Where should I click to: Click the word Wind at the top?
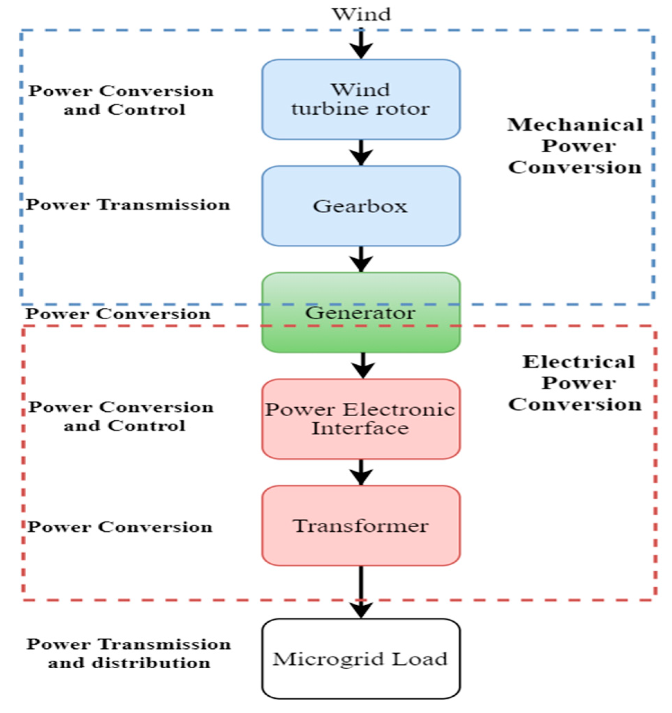[x=361, y=15]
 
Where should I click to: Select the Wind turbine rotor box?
[x=361, y=99]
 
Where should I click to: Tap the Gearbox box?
[x=361, y=206]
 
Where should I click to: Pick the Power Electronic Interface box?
[x=361, y=419]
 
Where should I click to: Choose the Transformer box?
[x=361, y=525]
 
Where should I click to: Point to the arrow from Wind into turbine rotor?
[x=361, y=45]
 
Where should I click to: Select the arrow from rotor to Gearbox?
[x=361, y=152]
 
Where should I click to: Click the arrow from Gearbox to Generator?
[x=361, y=259]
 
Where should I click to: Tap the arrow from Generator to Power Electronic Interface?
[x=363, y=365]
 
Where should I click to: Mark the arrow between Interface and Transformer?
[x=361, y=472]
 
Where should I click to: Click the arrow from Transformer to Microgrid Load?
[x=361, y=592]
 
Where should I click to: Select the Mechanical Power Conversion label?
[x=575, y=146]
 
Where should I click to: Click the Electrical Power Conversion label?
[x=575, y=383]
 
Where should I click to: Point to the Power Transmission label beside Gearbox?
[x=128, y=205]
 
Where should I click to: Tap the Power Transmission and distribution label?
[x=129, y=653]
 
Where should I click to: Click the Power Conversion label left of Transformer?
[x=120, y=527]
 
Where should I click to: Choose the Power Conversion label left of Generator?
[x=118, y=314]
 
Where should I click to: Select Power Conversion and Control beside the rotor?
[x=121, y=100]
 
